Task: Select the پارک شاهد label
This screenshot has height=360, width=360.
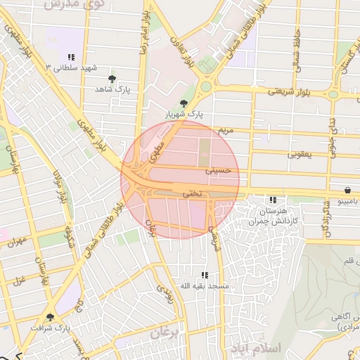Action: (113, 90)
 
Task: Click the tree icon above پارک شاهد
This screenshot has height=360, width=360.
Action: (113, 79)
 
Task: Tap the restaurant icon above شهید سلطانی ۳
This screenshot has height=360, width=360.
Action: (70, 57)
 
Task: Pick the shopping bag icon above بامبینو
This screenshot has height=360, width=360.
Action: (348, 191)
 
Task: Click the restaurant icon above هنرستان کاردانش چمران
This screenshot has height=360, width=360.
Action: (272, 200)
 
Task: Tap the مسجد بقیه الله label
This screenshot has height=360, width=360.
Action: (205, 286)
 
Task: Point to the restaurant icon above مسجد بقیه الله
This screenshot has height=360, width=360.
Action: (205, 275)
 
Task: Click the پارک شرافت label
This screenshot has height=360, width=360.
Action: (51, 328)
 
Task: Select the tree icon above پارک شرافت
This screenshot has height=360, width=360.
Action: (50, 317)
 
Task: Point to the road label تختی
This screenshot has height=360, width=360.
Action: (192, 192)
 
